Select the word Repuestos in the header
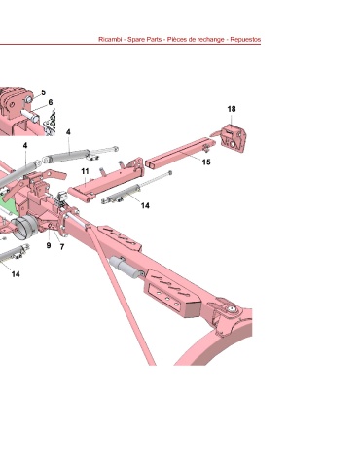coord(245,40)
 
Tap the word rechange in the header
coord(210,40)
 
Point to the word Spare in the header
coord(135,40)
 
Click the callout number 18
coord(232,109)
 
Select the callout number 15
coord(206,162)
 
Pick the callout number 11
coord(85,171)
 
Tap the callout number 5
coord(44,92)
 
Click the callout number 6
coord(51,102)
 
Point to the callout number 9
coord(49,245)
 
